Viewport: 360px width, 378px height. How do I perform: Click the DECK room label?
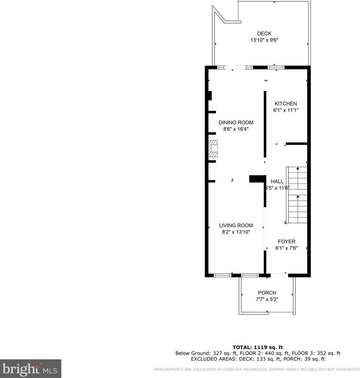[x=264, y=34]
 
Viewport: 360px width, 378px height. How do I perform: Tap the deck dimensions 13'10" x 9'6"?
[x=264, y=40]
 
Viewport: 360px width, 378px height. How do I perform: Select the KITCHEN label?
[x=286, y=104]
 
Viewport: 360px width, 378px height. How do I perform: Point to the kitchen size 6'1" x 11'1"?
[x=286, y=110]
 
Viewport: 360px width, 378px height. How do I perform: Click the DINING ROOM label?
[x=236, y=123]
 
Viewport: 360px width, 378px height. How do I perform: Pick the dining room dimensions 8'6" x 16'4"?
[x=236, y=129]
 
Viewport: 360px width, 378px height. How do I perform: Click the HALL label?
[x=277, y=181]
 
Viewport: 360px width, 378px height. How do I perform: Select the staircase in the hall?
[x=297, y=195]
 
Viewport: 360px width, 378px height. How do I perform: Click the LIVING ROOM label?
[x=236, y=225]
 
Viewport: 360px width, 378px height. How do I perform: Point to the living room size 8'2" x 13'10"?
[x=236, y=232]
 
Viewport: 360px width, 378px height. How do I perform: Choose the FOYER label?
[x=286, y=241]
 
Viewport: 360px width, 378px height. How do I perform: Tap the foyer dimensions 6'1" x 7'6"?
[x=286, y=248]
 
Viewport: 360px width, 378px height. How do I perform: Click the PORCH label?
[x=267, y=293]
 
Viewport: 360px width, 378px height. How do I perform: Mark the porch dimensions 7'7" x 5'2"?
[x=267, y=299]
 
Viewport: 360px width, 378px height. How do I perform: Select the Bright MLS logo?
[x=30, y=369]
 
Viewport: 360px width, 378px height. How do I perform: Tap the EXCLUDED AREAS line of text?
[x=257, y=359]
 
